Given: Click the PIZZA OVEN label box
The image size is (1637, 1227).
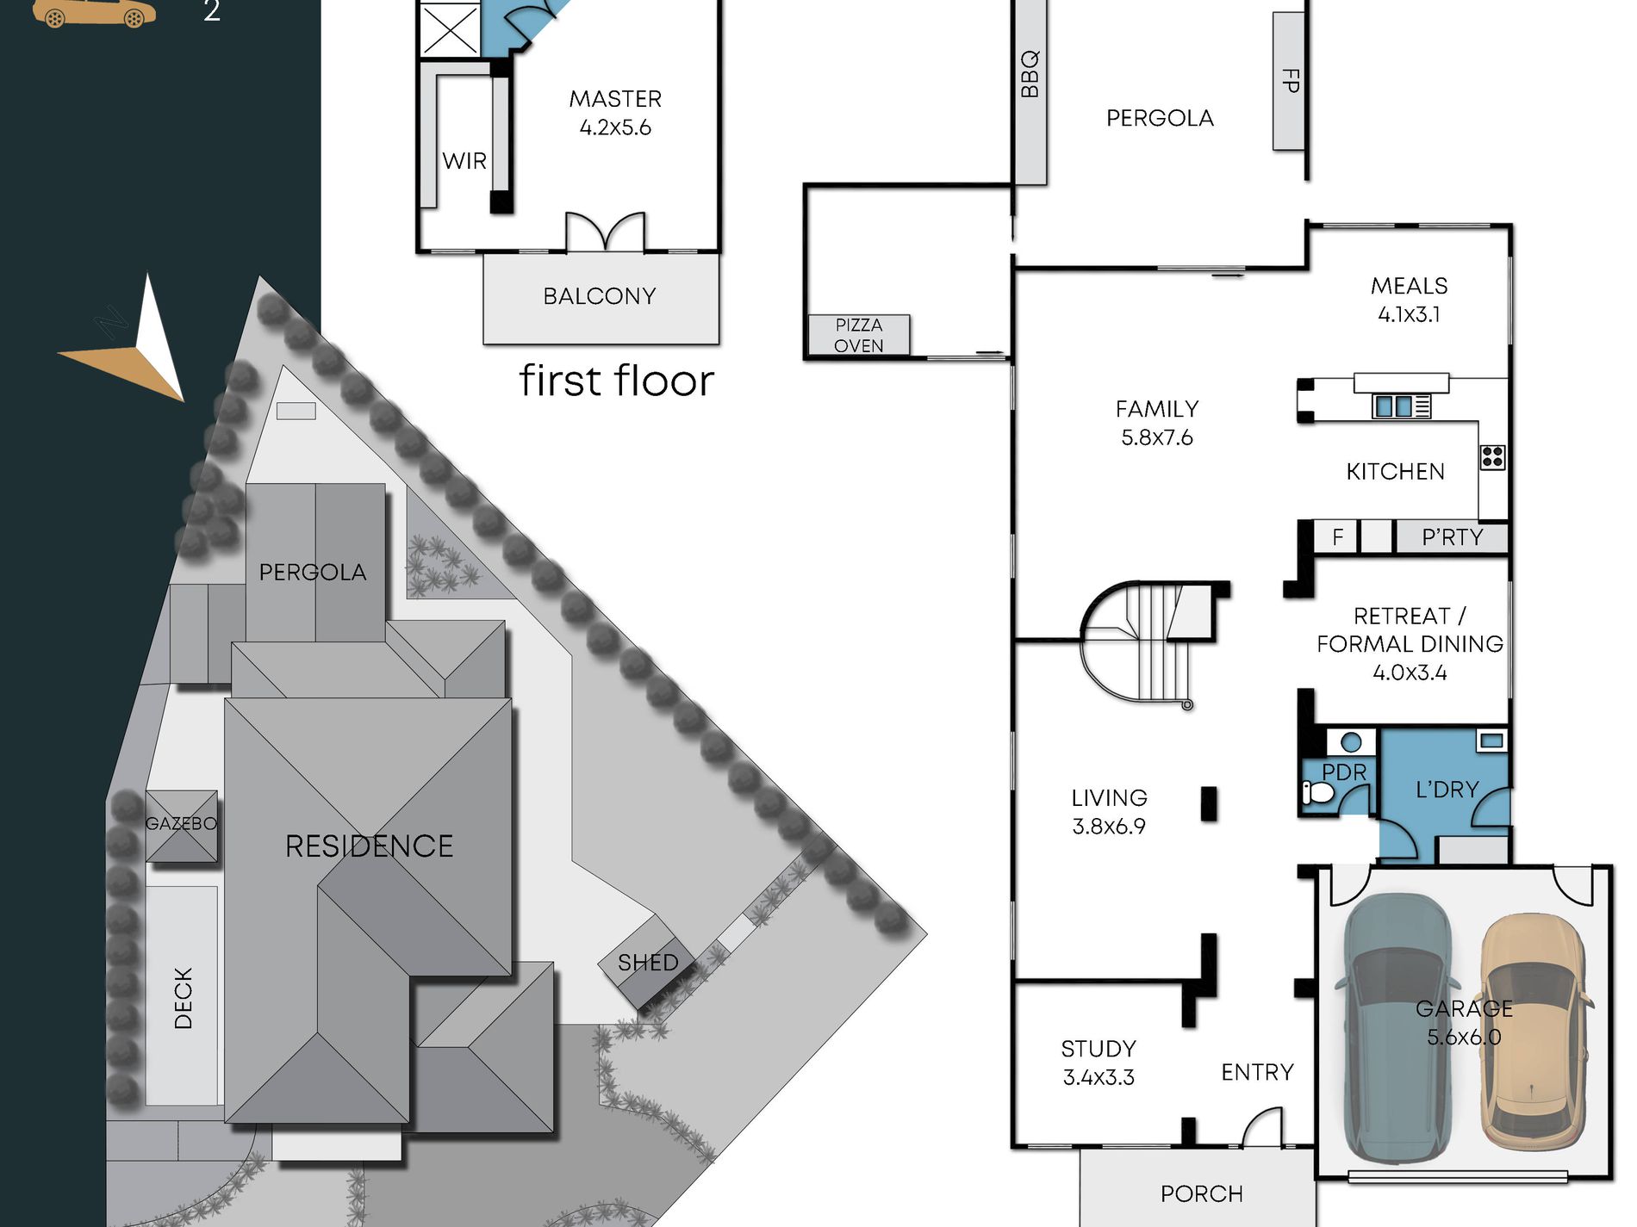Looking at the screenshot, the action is point(859,335).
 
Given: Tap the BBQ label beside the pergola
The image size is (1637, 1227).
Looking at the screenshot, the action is point(1029,74).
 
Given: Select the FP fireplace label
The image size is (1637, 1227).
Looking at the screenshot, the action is point(1290,81).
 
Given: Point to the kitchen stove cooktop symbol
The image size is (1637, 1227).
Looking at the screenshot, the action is point(1492,457).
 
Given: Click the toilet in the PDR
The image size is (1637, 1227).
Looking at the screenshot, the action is point(1316,792).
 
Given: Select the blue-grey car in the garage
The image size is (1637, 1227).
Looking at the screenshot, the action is point(1397,1028).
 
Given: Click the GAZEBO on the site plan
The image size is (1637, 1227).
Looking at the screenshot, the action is point(181,826).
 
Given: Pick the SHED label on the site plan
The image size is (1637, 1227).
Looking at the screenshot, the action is point(648,963).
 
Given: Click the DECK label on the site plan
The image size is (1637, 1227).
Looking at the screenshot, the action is point(184,998).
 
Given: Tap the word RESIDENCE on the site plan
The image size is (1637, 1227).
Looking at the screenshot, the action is point(369,846).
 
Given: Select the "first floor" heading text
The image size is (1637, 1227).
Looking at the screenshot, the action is point(617,381).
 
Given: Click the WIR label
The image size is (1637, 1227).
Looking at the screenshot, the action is point(464,161).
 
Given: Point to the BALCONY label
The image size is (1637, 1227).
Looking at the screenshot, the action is point(600,296).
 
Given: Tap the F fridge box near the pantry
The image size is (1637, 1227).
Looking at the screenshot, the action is point(1336,537).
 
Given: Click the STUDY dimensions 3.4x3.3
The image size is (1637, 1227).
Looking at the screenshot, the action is point(1099,1077).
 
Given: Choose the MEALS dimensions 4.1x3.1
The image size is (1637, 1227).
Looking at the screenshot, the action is point(1410,314).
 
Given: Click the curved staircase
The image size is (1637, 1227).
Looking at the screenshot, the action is point(1146,641).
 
